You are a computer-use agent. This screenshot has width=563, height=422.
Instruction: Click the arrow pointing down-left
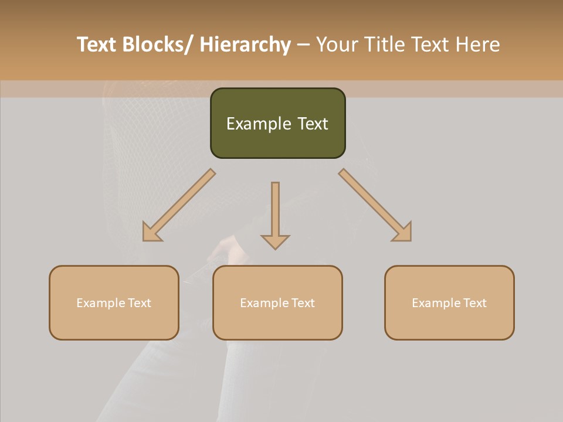pyautogui.click(x=179, y=206)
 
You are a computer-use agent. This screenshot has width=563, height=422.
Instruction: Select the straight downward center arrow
pyautogui.click(x=275, y=214)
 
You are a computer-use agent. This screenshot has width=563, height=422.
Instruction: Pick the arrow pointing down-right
pyautogui.click(x=375, y=205)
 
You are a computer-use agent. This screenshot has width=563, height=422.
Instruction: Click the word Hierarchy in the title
pyautogui.click(x=245, y=45)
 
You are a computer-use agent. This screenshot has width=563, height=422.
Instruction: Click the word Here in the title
pyautogui.click(x=479, y=45)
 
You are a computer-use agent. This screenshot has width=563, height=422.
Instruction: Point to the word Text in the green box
pyautogui.click(x=312, y=124)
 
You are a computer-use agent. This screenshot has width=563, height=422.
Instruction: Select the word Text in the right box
pyautogui.click(x=475, y=303)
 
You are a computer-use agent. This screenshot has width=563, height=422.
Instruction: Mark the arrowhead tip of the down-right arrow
pyautogui.click(x=410, y=240)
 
